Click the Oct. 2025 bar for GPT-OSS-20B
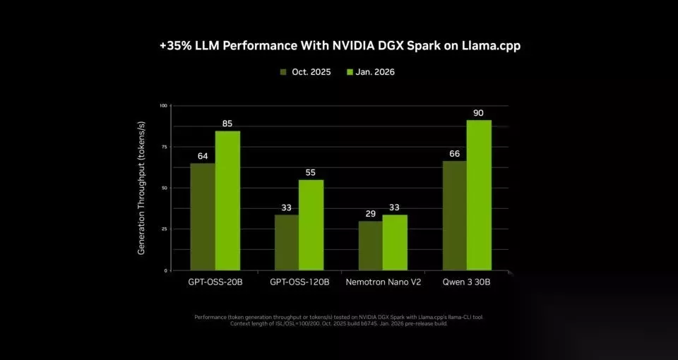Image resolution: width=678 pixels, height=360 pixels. [x=203, y=217]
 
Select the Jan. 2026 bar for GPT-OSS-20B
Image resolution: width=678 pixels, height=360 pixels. [x=227, y=200]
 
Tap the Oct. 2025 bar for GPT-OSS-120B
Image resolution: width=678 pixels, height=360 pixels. [x=286, y=242]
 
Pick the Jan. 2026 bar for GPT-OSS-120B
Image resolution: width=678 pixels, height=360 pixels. [x=311, y=224]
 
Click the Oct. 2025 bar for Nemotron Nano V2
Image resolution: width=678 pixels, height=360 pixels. [x=370, y=246]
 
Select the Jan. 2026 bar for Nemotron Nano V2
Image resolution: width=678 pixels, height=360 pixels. [x=395, y=242]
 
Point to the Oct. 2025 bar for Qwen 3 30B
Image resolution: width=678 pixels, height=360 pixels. [x=454, y=215]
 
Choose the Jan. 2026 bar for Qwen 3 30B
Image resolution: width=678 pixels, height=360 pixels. [x=479, y=195]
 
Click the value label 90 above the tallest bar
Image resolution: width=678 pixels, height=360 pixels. [x=479, y=113]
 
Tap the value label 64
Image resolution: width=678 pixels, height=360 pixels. [x=203, y=156]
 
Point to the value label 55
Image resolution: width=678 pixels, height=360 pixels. [x=311, y=172]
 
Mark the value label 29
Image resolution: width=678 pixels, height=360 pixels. [x=370, y=213]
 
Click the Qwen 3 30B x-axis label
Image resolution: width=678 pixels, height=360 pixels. [x=466, y=282]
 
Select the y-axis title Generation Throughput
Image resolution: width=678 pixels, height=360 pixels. [x=141, y=188]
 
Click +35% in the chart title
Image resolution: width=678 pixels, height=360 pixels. [x=174, y=45]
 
